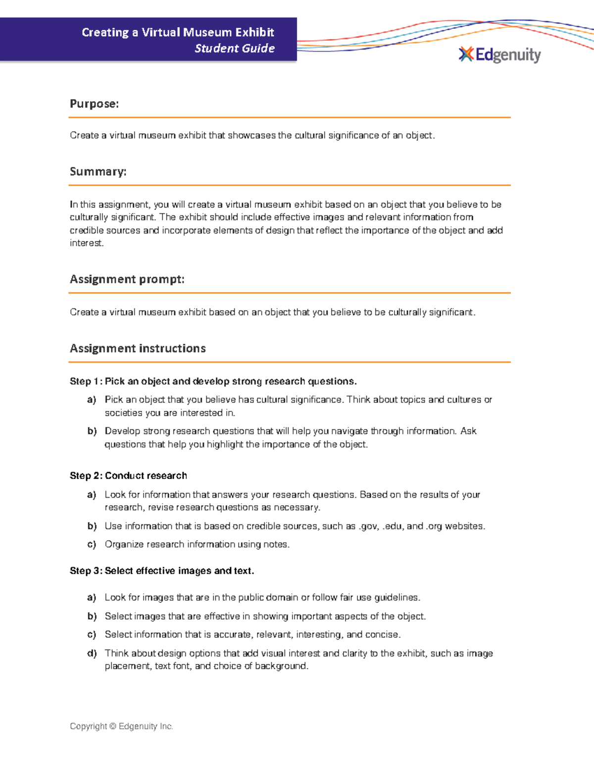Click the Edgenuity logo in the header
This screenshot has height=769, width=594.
point(500,54)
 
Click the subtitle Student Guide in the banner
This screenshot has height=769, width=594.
point(235,49)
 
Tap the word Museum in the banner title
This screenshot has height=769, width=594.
point(207,33)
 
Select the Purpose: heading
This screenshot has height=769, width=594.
point(94,104)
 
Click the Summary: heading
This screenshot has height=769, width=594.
point(98,172)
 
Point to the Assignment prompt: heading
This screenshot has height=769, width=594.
point(127,279)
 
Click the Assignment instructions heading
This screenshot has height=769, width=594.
point(138,349)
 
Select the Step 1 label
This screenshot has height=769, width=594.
point(85,381)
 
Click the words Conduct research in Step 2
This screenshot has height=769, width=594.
point(146,476)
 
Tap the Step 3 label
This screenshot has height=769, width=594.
point(85,571)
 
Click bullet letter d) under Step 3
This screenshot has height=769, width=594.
point(92,653)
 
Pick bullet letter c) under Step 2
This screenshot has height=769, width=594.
point(92,544)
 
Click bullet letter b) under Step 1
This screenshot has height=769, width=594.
point(92,431)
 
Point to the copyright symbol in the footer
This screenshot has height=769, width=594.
point(113,726)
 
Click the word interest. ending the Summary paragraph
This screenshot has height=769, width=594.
point(87,243)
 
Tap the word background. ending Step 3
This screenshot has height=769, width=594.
point(282,666)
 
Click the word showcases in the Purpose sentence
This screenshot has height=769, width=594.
point(251,136)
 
